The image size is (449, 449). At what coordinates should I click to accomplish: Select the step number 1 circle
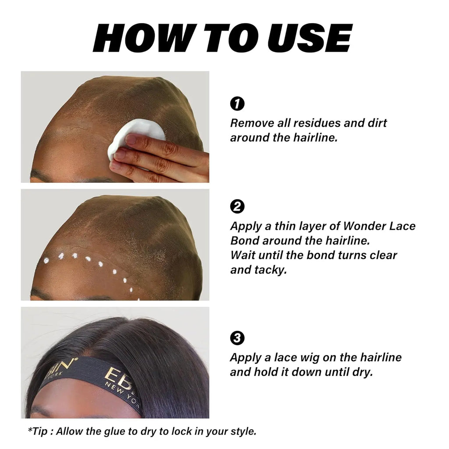237,104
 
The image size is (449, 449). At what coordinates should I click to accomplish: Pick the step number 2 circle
237,207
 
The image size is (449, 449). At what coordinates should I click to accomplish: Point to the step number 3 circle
237,338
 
